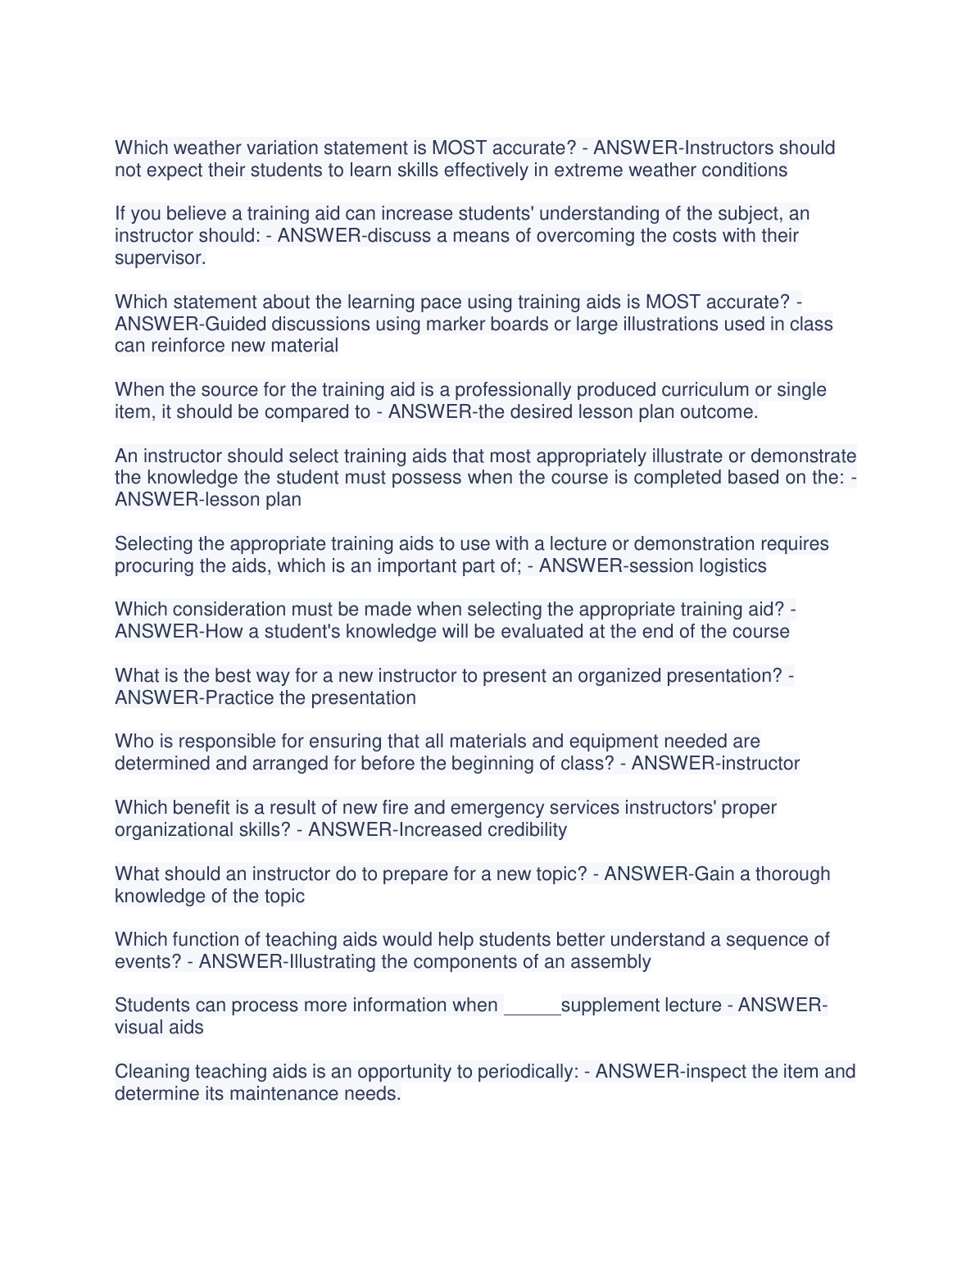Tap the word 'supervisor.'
[x=160, y=258]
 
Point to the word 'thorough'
[x=792, y=874]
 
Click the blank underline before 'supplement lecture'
[x=532, y=1008]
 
